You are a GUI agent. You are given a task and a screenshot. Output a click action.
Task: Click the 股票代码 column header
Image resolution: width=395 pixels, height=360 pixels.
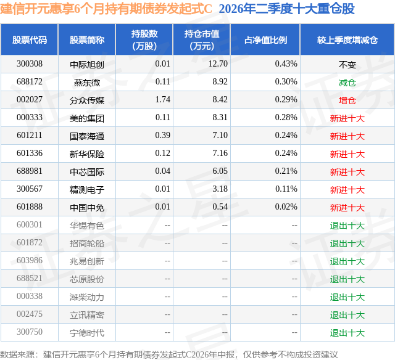(x=30, y=39)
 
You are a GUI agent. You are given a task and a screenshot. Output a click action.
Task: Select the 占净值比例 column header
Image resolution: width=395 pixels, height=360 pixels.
(x=265, y=39)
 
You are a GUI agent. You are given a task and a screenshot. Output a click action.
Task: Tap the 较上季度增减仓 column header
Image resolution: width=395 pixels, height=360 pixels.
(x=347, y=39)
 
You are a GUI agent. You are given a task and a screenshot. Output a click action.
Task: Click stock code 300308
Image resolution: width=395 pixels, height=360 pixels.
(x=30, y=64)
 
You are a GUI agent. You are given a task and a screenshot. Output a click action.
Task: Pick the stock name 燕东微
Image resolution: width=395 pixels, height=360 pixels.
(x=87, y=82)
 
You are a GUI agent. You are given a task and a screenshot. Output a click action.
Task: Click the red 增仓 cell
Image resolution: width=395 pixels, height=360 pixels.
(x=347, y=100)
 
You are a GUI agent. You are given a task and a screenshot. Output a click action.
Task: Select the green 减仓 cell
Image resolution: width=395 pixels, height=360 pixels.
(x=347, y=82)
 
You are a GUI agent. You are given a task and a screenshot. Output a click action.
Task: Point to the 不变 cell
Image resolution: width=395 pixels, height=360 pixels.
(x=347, y=64)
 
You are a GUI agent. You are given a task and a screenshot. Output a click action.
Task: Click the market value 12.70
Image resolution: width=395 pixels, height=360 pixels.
(x=218, y=64)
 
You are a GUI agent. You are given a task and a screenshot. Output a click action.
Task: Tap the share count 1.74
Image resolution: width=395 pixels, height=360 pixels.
(x=163, y=100)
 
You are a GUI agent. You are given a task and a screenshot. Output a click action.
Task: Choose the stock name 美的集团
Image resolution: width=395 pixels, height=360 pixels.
(x=87, y=118)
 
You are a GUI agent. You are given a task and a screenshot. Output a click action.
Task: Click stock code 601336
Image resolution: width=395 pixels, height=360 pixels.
(x=30, y=153)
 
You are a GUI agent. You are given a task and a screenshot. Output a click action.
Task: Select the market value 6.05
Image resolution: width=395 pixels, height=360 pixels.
(x=220, y=171)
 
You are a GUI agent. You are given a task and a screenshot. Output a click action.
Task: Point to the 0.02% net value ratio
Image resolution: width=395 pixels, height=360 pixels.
(x=286, y=207)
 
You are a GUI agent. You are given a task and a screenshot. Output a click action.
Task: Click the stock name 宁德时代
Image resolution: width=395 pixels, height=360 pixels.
(x=87, y=332)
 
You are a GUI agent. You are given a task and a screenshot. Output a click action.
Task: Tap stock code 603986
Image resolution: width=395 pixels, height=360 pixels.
(x=30, y=260)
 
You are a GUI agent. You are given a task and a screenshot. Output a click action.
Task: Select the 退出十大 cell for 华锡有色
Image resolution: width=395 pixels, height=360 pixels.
(x=347, y=225)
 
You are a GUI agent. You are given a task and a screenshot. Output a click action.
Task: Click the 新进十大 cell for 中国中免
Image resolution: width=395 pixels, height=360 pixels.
(x=347, y=207)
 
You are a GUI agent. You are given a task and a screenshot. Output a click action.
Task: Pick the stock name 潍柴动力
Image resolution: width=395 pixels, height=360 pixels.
(x=87, y=297)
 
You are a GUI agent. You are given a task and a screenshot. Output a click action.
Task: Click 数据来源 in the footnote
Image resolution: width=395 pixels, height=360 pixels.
(x=17, y=354)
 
